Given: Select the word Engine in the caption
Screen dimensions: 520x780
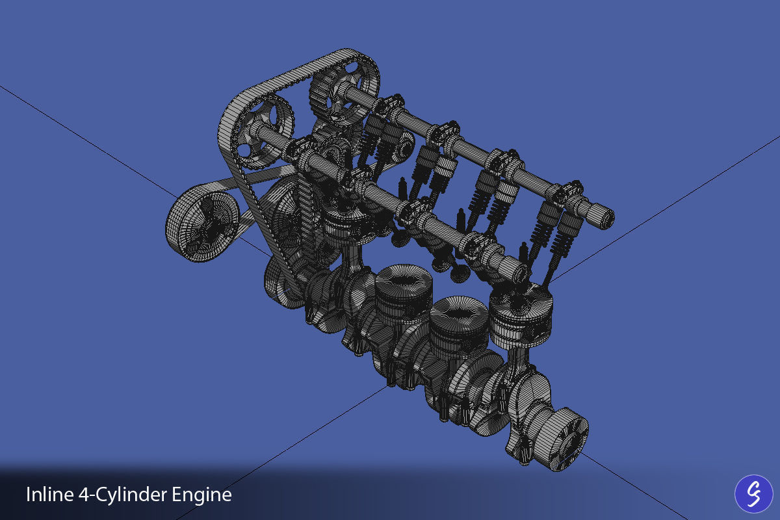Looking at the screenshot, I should coord(202,495).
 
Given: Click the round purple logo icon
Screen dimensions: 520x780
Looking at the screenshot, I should coord(753,494).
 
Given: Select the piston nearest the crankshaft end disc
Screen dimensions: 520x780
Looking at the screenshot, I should coord(520,318).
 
